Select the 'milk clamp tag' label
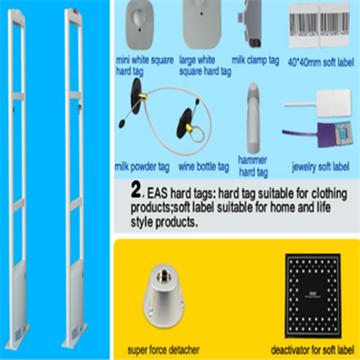(x=256, y=60)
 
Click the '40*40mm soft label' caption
(x=320, y=62)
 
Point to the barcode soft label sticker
(x=319, y=26)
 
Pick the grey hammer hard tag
(x=254, y=118)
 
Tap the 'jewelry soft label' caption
(x=320, y=166)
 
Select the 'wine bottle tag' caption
(x=203, y=166)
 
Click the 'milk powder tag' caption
(x=142, y=166)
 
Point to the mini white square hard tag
(x=139, y=25)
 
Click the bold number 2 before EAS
(x=136, y=190)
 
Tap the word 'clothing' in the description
(x=329, y=194)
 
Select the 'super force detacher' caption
(x=164, y=349)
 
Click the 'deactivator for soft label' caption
(x=312, y=350)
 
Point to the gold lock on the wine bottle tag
(x=190, y=129)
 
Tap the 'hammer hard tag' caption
(x=253, y=166)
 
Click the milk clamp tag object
(x=250, y=23)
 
